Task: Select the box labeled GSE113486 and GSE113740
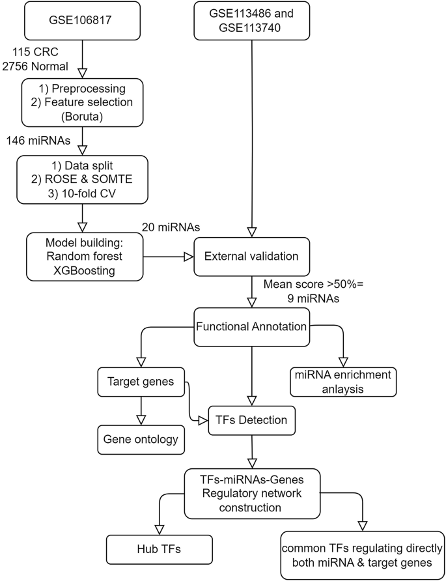tap(250, 20)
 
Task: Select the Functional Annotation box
tap(251, 326)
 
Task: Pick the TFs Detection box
tap(251, 420)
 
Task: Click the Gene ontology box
tap(141, 439)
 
